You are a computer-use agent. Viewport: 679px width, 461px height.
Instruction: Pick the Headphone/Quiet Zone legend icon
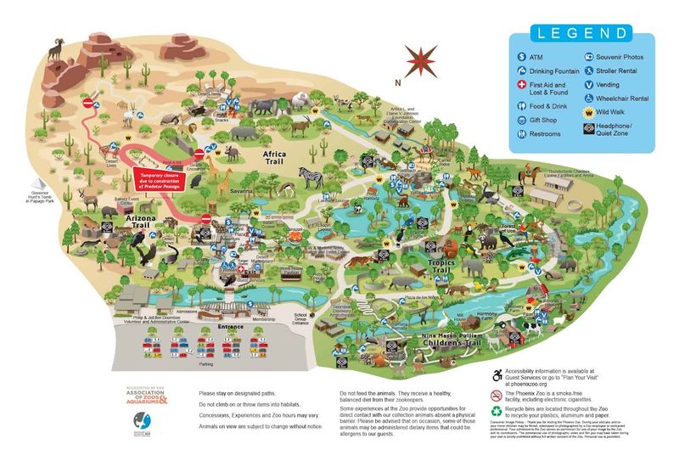point(588,128)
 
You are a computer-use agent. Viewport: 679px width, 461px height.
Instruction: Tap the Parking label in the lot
point(206,363)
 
